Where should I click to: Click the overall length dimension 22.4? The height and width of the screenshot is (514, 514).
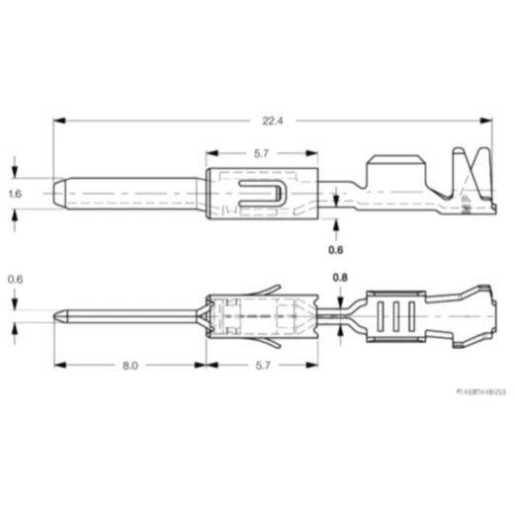tap(273, 122)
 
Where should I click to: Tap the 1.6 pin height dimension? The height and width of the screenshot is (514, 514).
tap(14, 195)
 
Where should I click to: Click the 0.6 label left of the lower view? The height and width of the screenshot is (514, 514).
tap(14, 280)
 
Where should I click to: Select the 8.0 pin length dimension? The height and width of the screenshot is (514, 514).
tap(129, 365)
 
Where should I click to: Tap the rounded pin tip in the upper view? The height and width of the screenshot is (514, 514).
tap(60, 194)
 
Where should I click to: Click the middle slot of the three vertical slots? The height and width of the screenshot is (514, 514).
tap(395, 318)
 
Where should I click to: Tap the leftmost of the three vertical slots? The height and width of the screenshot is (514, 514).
tap(381, 318)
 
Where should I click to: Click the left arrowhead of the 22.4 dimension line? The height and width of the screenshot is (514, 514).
tap(58, 122)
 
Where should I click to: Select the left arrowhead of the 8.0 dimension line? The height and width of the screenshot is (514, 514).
tap(58, 365)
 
